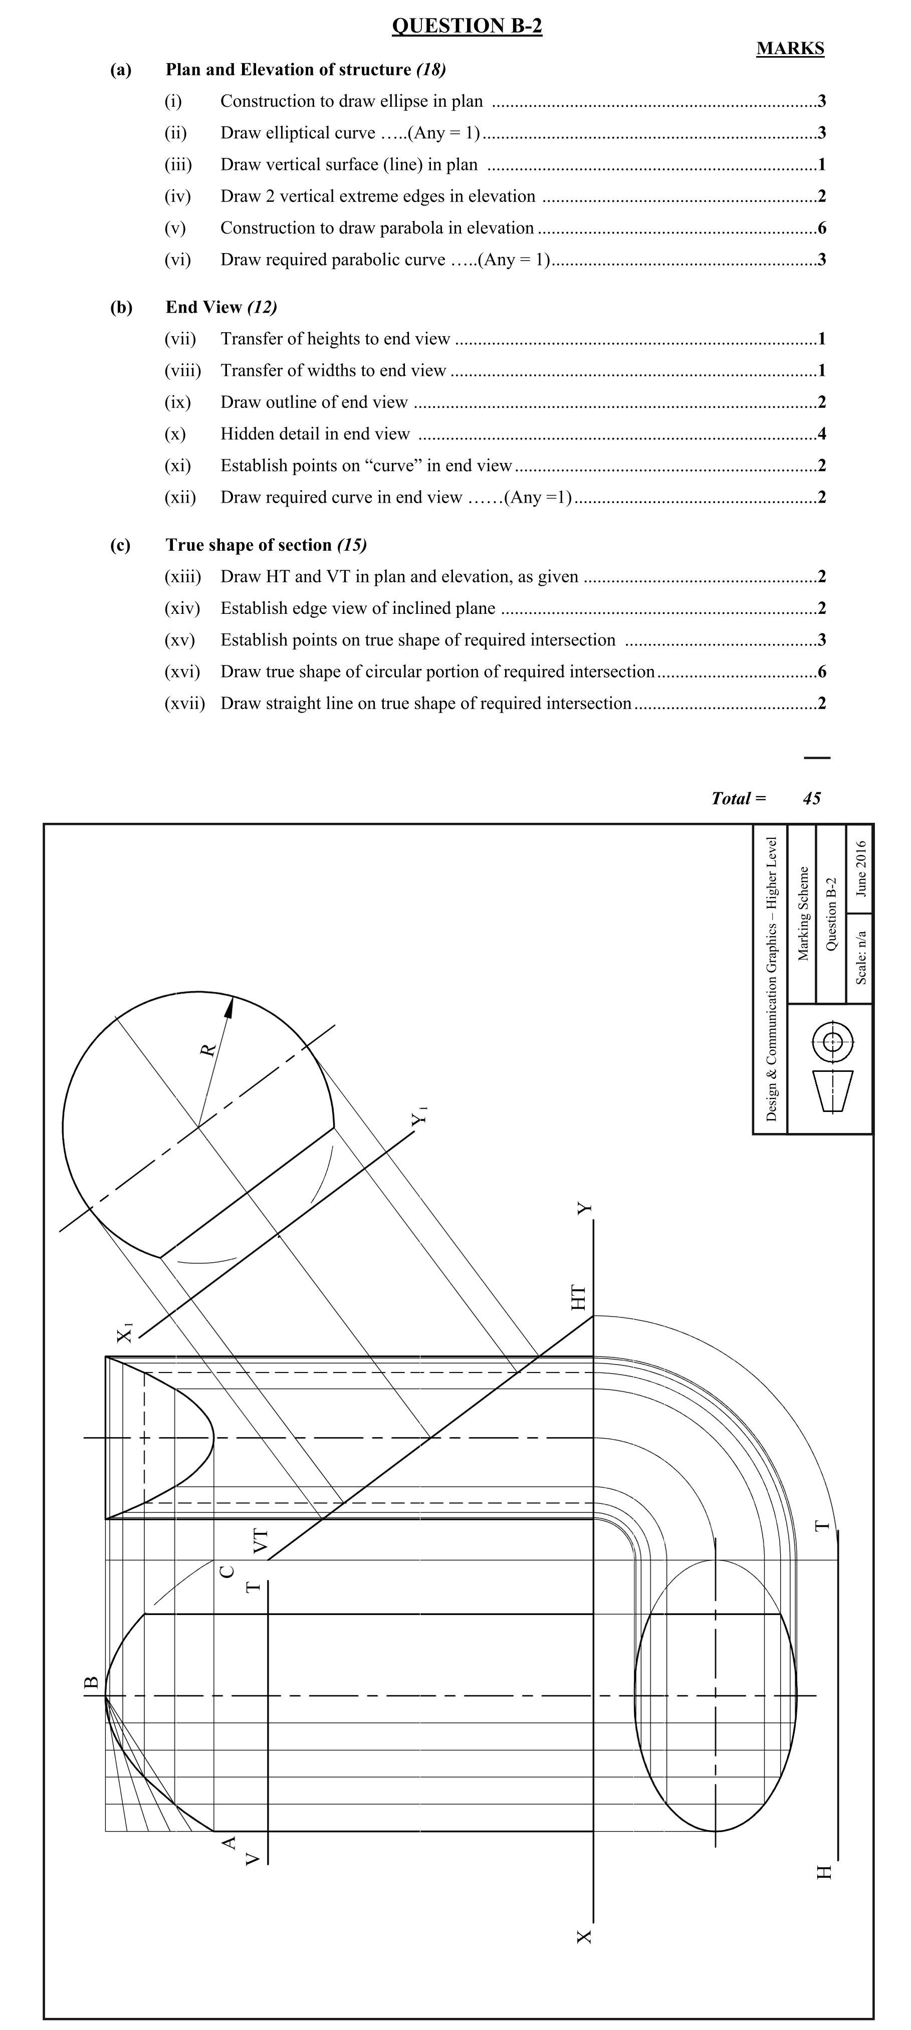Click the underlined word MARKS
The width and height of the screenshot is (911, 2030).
point(790,49)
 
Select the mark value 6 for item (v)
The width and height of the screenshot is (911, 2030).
point(822,229)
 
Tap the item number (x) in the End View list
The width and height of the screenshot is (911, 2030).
point(175,434)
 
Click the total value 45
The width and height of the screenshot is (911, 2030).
point(812,798)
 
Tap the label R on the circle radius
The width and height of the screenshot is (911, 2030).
point(208,1050)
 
